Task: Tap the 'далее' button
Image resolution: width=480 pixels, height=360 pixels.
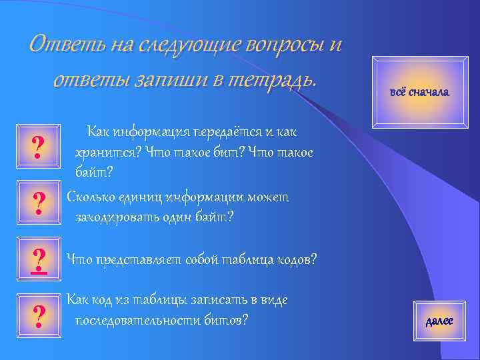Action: point(439,321)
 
